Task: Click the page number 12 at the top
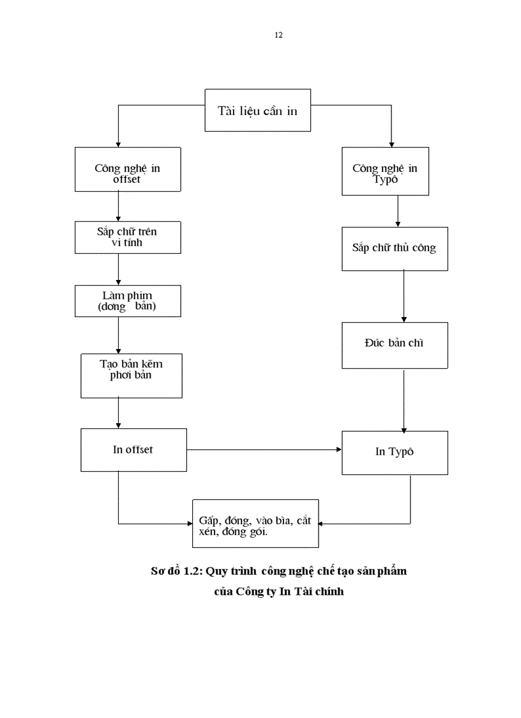278,35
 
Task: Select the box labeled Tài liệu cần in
257,110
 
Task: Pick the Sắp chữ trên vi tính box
127,237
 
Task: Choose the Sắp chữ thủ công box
394,248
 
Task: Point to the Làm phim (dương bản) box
127,301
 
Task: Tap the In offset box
133,449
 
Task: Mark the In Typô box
394,452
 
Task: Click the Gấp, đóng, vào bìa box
255,524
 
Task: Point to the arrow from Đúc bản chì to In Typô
404,400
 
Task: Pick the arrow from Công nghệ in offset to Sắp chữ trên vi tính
118,206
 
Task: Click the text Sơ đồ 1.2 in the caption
176,571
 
